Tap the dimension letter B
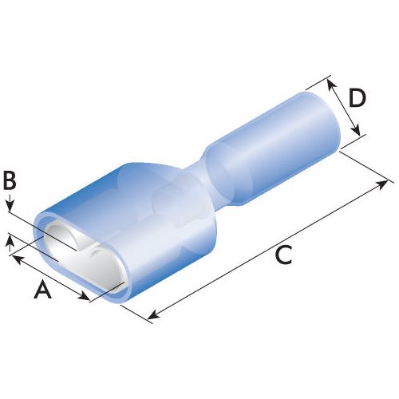[x=10, y=180]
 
